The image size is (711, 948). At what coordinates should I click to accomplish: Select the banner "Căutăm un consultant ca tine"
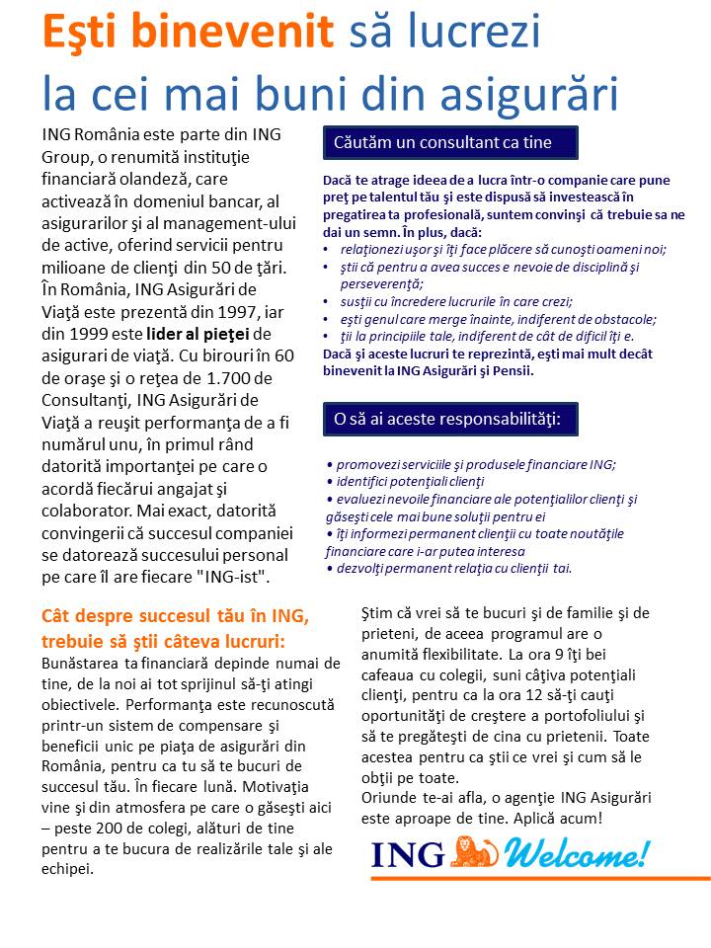tap(449, 142)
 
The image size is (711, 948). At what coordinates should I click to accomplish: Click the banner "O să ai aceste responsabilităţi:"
tap(449, 419)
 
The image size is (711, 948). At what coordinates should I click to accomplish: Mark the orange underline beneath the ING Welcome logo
tap(542, 878)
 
